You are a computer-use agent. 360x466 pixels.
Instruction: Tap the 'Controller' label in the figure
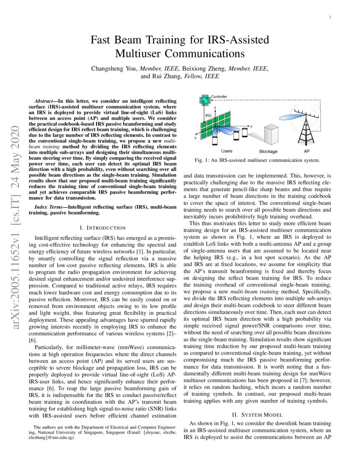(x=219, y=97)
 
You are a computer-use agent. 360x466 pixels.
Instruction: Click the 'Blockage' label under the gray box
(x=268, y=151)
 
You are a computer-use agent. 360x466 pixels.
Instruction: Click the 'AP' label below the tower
(x=307, y=151)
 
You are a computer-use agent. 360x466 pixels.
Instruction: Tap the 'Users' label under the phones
(x=227, y=151)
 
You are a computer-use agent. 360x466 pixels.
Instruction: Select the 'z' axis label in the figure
(x=216, y=108)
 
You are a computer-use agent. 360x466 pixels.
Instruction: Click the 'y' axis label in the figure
(x=251, y=126)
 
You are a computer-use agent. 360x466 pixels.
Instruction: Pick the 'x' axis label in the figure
(x=196, y=138)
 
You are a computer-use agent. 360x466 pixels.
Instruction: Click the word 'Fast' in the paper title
(x=103, y=40)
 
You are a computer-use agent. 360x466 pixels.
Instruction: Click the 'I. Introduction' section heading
(x=100, y=227)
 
